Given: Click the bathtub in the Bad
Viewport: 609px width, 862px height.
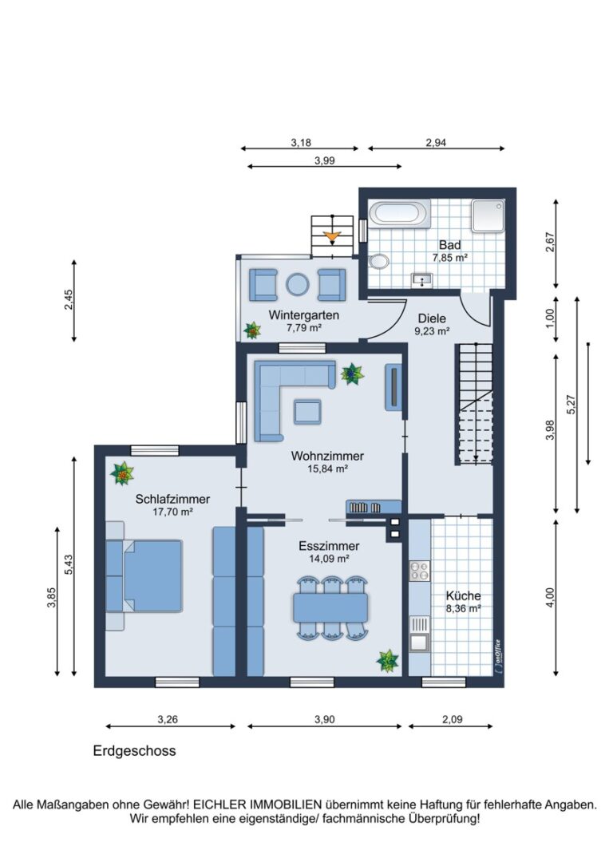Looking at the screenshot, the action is (399, 214).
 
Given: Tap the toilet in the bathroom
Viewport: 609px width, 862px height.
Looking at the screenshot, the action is (378, 261).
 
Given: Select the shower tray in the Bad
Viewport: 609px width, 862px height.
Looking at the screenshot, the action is (488, 215).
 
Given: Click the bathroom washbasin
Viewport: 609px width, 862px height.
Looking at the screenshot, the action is (421, 280).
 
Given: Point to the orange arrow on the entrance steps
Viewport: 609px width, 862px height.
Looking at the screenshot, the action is (331, 238).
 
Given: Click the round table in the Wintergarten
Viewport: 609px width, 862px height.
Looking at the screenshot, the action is (298, 284).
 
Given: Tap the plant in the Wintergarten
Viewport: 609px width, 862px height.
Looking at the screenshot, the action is (252, 330).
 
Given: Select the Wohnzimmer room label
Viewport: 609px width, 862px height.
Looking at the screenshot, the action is (327, 456).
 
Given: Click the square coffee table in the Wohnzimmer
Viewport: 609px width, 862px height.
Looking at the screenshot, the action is (307, 412).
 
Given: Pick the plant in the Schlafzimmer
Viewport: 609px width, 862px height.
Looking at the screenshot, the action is (122, 473).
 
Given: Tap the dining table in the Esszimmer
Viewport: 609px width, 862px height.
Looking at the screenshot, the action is (331, 607).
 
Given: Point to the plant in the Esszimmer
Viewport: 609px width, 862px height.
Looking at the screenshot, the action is (388, 661).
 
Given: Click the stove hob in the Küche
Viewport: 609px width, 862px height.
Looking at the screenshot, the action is (419, 571).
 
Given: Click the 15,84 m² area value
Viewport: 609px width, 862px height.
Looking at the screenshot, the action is (327, 469).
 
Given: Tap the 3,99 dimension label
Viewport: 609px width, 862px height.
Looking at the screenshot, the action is (324, 160).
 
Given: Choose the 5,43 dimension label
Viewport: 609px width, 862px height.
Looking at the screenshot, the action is (68, 565).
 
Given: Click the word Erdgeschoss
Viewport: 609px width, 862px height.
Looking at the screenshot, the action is (134, 751).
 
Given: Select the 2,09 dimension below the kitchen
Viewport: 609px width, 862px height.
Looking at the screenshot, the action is (452, 719).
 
